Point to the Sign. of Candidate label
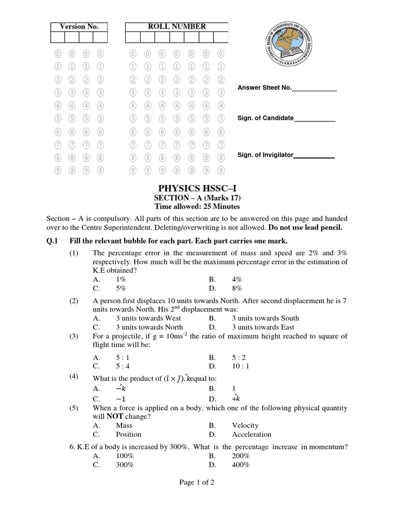[265, 118]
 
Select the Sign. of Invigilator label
[265, 155]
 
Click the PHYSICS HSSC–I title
[197, 188]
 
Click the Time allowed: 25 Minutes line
[197, 207]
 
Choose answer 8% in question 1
[237, 288]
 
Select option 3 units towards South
[265, 318]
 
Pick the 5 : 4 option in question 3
[125, 366]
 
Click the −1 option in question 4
[121, 398]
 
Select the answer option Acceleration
[251, 434]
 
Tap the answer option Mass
[124, 425]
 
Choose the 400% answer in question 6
[241, 465]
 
